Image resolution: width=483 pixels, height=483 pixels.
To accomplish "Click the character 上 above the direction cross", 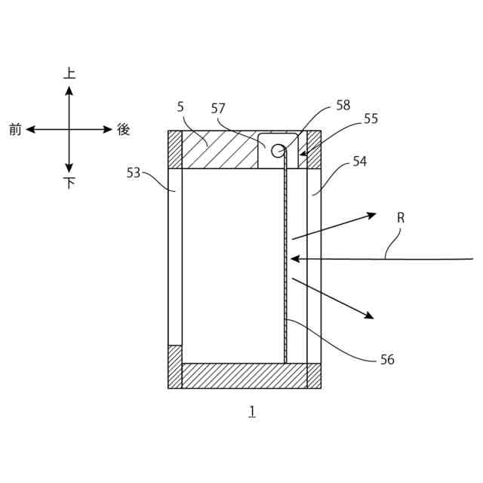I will (69, 73).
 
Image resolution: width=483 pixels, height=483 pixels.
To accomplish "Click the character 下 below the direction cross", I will (69, 183).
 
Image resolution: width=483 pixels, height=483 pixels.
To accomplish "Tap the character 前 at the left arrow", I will (15, 130).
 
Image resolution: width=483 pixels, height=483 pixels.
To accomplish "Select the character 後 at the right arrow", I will (124, 130).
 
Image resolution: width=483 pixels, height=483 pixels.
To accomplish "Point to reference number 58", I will (343, 106).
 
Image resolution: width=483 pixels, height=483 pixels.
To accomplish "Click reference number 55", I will (371, 118).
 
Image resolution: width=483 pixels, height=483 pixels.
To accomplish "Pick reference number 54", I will (359, 162).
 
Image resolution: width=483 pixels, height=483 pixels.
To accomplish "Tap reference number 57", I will (218, 109).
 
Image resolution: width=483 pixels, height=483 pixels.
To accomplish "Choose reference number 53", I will (134, 173).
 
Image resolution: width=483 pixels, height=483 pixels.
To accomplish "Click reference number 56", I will (387, 360).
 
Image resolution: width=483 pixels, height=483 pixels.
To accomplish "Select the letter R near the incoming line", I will (401, 217).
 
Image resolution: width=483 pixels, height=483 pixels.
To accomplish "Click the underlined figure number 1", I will (251, 411).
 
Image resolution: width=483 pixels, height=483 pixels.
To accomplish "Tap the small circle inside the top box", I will (278, 151).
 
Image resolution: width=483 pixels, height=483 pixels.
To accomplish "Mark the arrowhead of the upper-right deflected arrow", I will (371, 215).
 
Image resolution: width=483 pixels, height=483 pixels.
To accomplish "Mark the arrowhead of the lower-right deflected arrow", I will (369, 316).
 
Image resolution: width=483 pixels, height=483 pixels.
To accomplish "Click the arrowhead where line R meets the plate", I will (295, 259).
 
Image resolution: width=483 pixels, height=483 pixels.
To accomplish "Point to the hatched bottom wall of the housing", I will (245, 375).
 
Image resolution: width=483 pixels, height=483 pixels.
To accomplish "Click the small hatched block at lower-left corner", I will (175, 366).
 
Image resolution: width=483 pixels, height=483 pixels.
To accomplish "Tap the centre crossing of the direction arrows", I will (69, 130).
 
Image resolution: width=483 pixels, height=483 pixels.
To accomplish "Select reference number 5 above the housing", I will (180, 107).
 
